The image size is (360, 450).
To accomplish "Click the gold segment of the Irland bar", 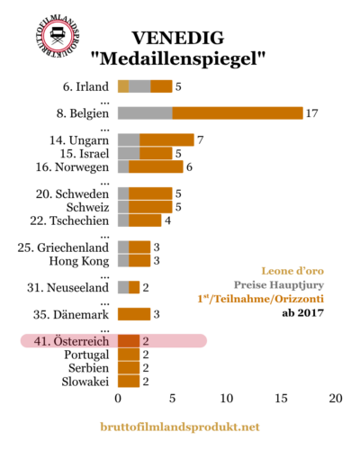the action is [x=123, y=86].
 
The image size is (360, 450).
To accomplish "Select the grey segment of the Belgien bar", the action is [x=145, y=113].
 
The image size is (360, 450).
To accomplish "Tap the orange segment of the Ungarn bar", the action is [x=166, y=139].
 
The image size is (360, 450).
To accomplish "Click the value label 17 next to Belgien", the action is [x=311, y=113].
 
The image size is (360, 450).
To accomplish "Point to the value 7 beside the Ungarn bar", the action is [x=201, y=140].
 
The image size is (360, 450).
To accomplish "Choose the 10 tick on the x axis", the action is [x=227, y=399].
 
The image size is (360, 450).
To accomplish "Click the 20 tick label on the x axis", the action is [x=336, y=399].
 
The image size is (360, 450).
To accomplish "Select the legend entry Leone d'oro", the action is [x=292, y=271].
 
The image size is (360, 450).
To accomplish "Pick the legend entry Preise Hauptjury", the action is [x=279, y=285].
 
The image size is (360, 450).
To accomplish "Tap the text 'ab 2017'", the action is [x=303, y=313].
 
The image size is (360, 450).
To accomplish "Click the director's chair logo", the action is [x=58, y=36].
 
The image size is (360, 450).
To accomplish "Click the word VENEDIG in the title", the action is [x=178, y=38].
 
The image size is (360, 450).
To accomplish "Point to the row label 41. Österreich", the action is [x=71, y=341].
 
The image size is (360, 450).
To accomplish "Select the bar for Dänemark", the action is [x=134, y=314].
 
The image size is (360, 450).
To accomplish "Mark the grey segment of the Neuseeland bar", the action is [x=123, y=287].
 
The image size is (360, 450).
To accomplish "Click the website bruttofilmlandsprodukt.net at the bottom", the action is [x=180, y=427].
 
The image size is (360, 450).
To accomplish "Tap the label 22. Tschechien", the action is [x=69, y=220].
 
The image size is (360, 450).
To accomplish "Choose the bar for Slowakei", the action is [x=129, y=382].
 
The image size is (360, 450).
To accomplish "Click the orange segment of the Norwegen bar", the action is [x=156, y=166].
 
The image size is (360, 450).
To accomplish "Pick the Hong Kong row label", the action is [x=79, y=261].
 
